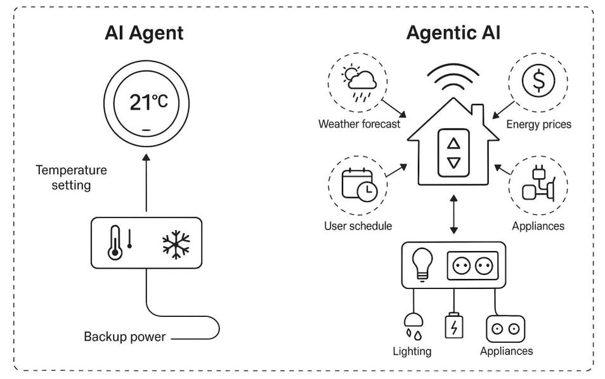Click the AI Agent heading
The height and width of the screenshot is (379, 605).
(144, 34)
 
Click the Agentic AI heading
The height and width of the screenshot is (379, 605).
(453, 34)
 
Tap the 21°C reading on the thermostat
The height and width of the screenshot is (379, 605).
(148, 102)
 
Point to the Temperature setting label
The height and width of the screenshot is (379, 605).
(72, 178)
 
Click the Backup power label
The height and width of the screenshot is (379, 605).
(124, 337)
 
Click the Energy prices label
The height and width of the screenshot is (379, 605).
(538, 125)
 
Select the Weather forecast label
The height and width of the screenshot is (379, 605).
(359, 124)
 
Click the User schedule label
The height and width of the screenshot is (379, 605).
(358, 226)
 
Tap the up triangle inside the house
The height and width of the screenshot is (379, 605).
(453, 143)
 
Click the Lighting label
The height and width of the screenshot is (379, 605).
(412, 351)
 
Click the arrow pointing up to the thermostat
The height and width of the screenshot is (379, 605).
(146, 184)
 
